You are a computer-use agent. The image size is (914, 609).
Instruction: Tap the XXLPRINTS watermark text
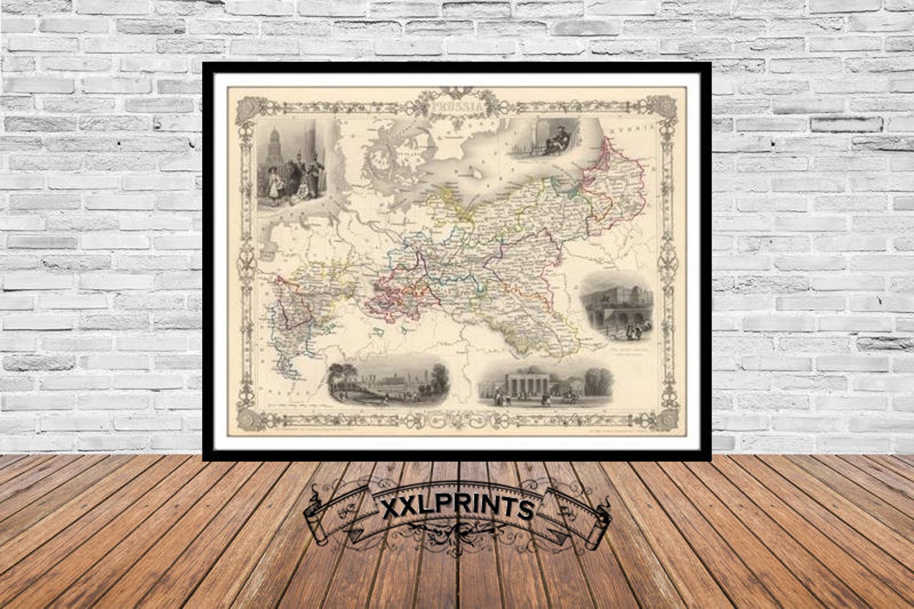tap(458, 509)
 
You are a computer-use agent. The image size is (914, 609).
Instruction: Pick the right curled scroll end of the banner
tap(600, 521)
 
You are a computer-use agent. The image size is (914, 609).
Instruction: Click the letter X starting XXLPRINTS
tap(391, 509)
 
